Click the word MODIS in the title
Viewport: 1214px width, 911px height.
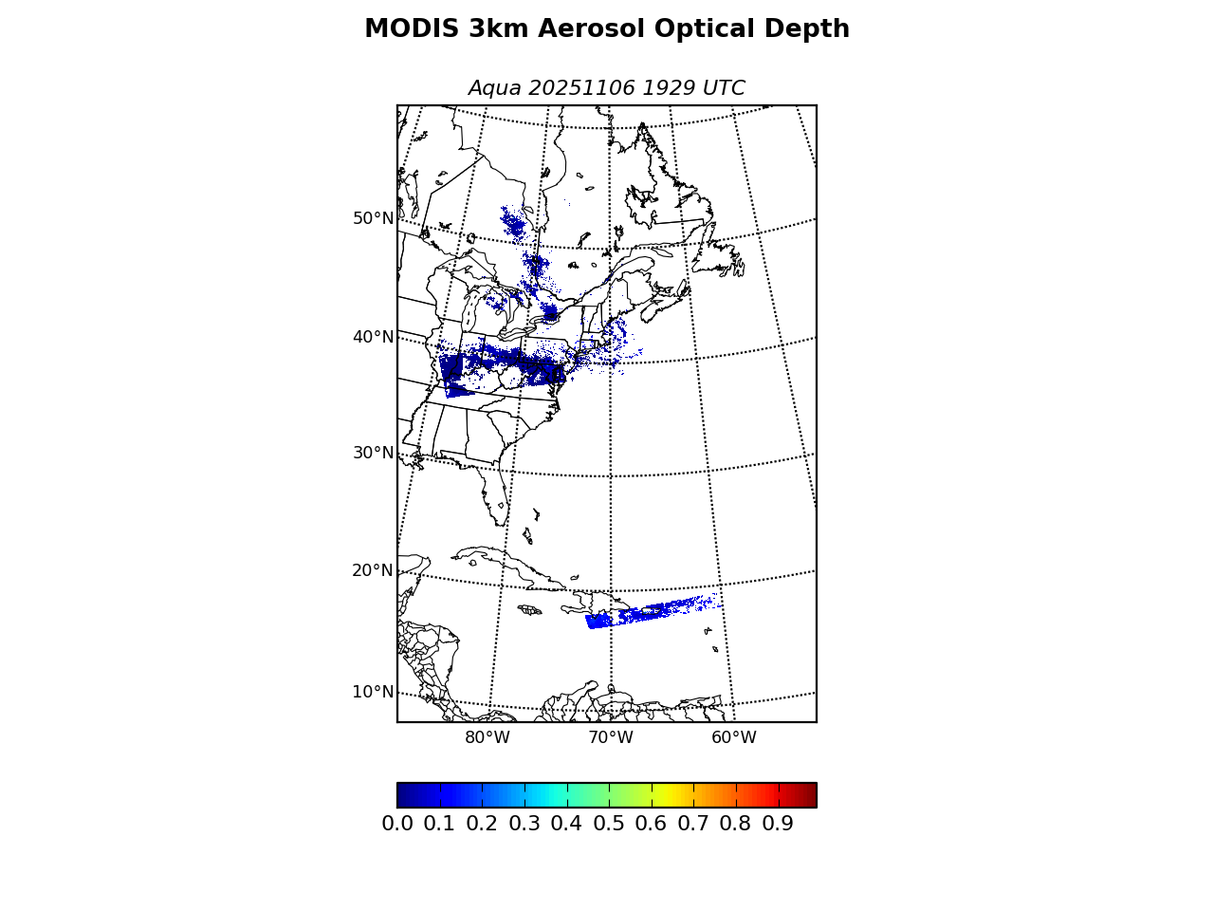pyautogui.click(x=412, y=29)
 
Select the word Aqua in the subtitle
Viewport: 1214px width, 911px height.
pyautogui.click(x=494, y=88)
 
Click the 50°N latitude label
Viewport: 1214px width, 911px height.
pyautogui.click(x=373, y=218)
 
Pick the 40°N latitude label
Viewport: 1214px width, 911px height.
pyautogui.click(x=373, y=337)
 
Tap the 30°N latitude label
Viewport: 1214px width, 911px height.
pyautogui.click(x=373, y=453)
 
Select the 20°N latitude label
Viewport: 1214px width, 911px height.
pyautogui.click(x=373, y=570)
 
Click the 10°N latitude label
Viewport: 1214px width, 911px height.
pyautogui.click(x=373, y=692)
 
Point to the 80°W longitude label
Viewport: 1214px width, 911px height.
pyautogui.click(x=487, y=738)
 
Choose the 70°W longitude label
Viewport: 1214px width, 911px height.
pyautogui.click(x=610, y=738)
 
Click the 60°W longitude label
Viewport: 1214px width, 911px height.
pyautogui.click(x=733, y=738)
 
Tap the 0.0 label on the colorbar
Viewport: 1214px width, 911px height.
pyautogui.click(x=397, y=824)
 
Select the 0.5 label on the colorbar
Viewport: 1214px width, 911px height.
pyautogui.click(x=609, y=824)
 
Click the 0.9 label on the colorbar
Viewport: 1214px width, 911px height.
pyautogui.click(x=778, y=824)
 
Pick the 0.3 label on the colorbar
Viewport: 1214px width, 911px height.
pyautogui.click(x=524, y=824)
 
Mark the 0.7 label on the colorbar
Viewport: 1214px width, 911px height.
pyautogui.click(x=693, y=824)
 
